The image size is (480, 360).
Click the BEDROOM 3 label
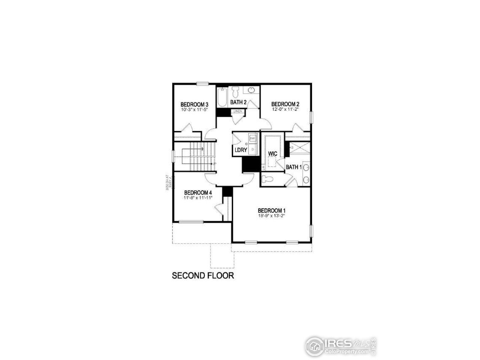(194, 104)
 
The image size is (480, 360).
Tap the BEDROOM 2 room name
(285, 104)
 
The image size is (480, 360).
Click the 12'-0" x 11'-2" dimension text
(285, 109)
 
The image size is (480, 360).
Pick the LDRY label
(241, 150)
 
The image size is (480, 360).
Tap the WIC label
(272, 153)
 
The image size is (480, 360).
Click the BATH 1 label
(294, 167)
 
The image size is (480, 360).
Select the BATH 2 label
(238, 102)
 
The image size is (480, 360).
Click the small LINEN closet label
(237, 111)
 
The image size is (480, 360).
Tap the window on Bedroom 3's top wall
(203, 84)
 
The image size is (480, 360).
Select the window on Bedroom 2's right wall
(310, 117)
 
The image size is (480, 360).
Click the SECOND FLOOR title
(203, 276)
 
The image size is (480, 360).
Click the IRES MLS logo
(341, 345)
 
